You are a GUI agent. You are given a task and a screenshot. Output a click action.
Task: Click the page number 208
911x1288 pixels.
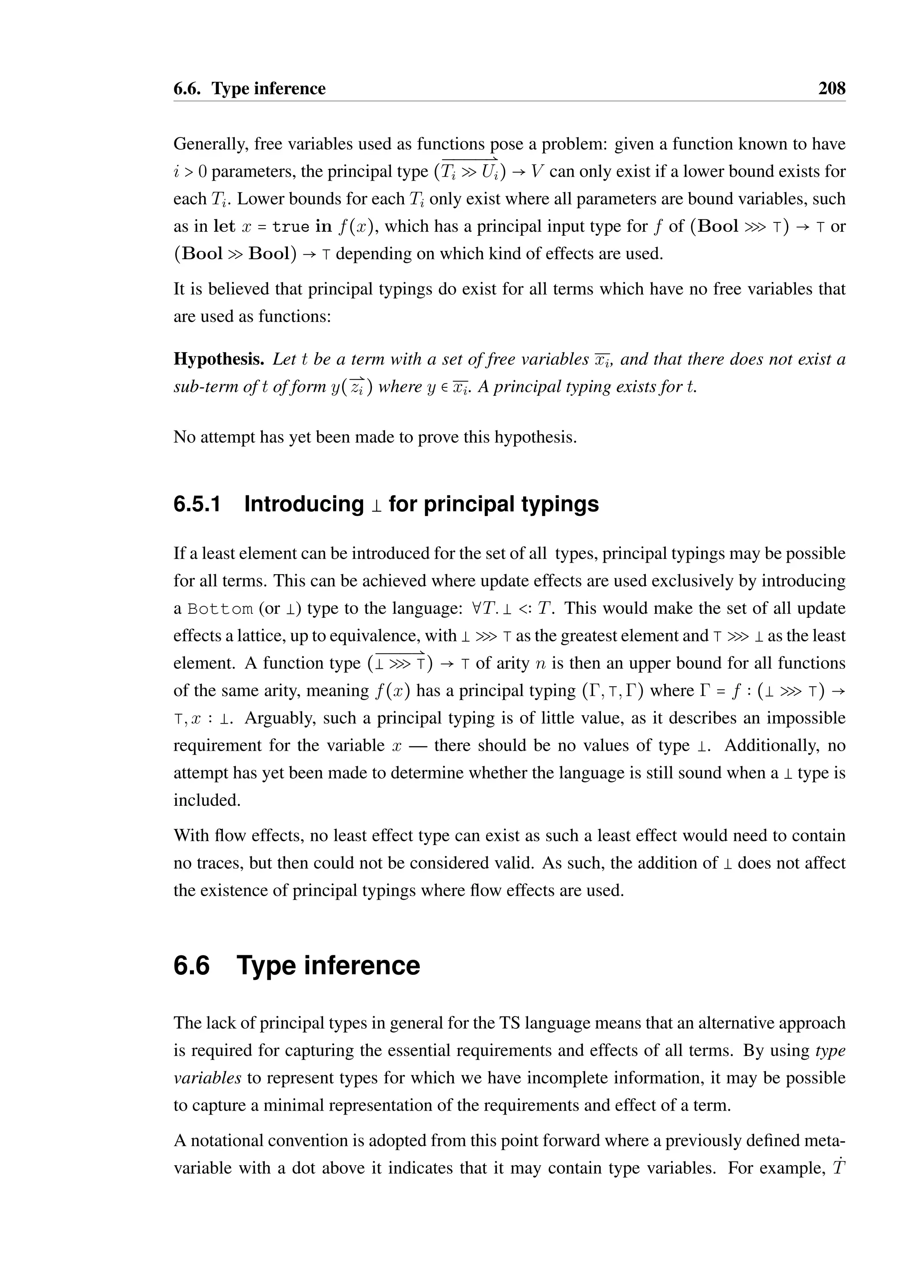(x=831, y=89)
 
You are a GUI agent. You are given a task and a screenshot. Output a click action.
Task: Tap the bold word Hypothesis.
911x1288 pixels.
(x=219, y=359)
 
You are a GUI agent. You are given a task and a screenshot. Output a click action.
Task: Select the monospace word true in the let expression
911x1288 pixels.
(x=290, y=227)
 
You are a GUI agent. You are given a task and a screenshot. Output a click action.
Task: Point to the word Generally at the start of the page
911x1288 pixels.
(x=210, y=144)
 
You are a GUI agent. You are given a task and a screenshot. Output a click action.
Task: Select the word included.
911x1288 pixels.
(x=206, y=801)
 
